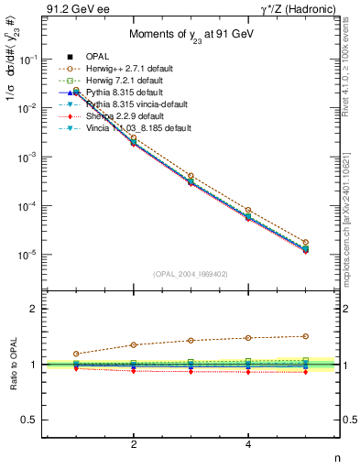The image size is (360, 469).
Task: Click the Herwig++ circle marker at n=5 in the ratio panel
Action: pos(305,336)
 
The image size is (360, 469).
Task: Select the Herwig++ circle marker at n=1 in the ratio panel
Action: pos(76,354)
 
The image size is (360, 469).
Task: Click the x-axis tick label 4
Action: pos(248,444)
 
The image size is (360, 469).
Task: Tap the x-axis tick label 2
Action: pos(134,444)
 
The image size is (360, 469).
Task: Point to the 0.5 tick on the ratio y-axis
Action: pos(32,420)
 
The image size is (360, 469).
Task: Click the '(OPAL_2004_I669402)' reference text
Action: pos(191,273)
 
